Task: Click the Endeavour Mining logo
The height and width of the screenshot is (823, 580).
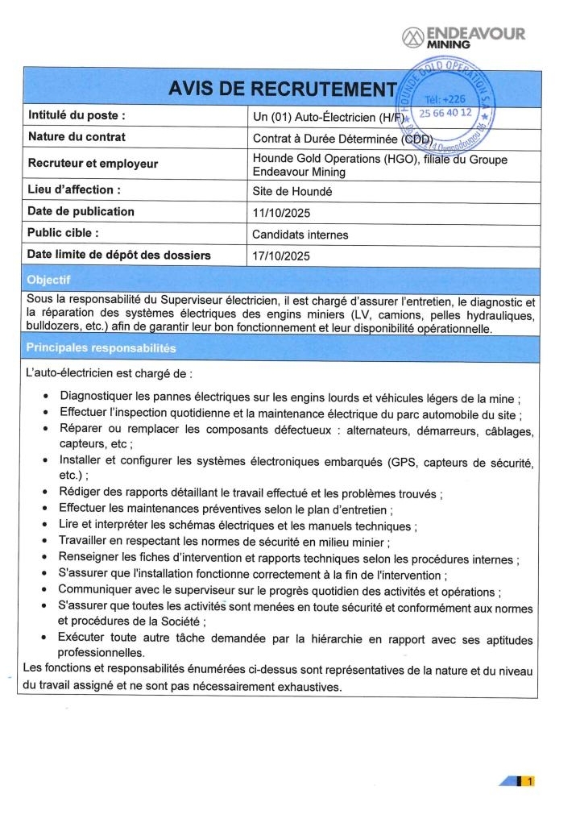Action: click(x=463, y=37)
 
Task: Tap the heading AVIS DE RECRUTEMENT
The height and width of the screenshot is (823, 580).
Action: click(x=283, y=89)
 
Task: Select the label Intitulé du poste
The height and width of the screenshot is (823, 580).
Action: click(x=77, y=115)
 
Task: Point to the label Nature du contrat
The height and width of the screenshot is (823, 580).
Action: click(x=77, y=137)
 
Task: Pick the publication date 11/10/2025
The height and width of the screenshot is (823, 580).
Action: click(x=281, y=214)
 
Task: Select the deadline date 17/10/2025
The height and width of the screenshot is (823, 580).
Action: click(x=281, y=256)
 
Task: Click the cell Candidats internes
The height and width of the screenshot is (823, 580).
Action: click(x=300, y=235)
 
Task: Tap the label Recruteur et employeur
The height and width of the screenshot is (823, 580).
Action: click(x=93, y=164)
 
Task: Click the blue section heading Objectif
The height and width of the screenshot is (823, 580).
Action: click(x=49, y=280)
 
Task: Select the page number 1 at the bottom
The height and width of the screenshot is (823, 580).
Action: click(x=529, y=780)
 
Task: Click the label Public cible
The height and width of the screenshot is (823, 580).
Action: click(x=63, y=234)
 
